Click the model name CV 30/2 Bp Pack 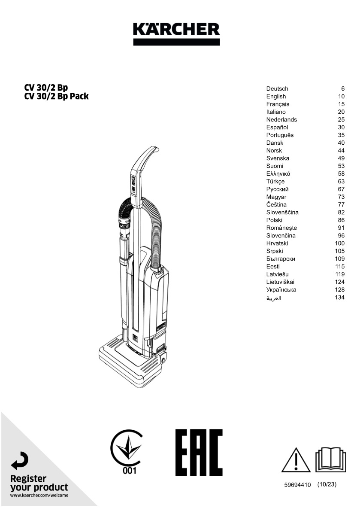[56, 97]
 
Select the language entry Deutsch [277, 88]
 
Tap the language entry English [276, 97]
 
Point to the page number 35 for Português [341, 135]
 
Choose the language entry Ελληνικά [278, 174]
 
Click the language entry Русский [277, 189]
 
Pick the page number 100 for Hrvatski [339, 243]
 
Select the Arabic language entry [274, 298]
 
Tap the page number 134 [339, 297]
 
